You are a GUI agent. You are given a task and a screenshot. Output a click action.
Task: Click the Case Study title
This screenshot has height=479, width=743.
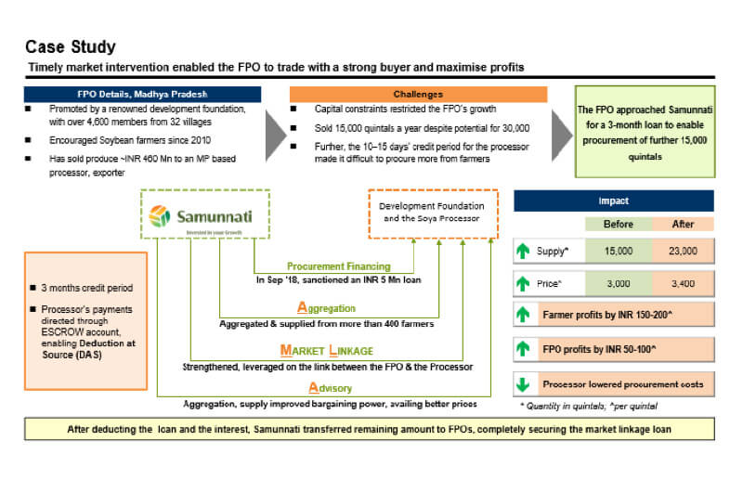pyautogui.click(x=71, y=46)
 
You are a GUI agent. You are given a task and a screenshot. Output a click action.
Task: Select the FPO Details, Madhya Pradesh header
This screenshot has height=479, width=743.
pyautogui.click(x=142, y=94)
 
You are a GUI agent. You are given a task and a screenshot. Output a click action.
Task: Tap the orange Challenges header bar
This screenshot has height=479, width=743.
pyautogui.click(x=418, y=94)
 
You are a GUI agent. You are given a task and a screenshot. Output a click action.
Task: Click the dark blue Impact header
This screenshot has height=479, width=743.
pyautogui.click(x=613, y=201)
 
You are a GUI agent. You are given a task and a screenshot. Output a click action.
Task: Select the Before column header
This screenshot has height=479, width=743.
pyautogui.click(x=619, y=224)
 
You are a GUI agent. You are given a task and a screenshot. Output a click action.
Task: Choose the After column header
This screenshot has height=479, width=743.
pyautogui.click(x=682, y=224)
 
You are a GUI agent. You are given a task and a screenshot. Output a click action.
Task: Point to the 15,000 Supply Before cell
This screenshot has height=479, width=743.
pyautogui.click(x=619, y=251)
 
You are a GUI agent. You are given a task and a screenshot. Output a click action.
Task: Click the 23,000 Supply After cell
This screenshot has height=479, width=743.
pyautogui.click(x=682, y=251)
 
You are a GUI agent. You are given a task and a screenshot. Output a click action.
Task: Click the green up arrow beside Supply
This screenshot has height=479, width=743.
pyautogui.click(x=524, y=251)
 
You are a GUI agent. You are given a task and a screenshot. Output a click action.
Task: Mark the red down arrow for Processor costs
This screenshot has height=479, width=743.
pyautogui.click(x=524, y=384)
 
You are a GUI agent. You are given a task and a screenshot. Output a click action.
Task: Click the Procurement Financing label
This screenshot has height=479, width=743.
pyautogui.click(x=324, y=265)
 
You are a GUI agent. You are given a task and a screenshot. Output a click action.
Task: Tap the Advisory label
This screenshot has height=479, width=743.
pyautogui.click(x=324, y=387)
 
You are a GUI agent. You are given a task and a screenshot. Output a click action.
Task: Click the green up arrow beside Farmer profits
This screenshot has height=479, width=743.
pyautogui.click(x=524, y=315)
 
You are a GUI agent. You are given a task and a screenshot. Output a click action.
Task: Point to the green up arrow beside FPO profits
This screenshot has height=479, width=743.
pyautogui.click(x=524, y=349)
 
